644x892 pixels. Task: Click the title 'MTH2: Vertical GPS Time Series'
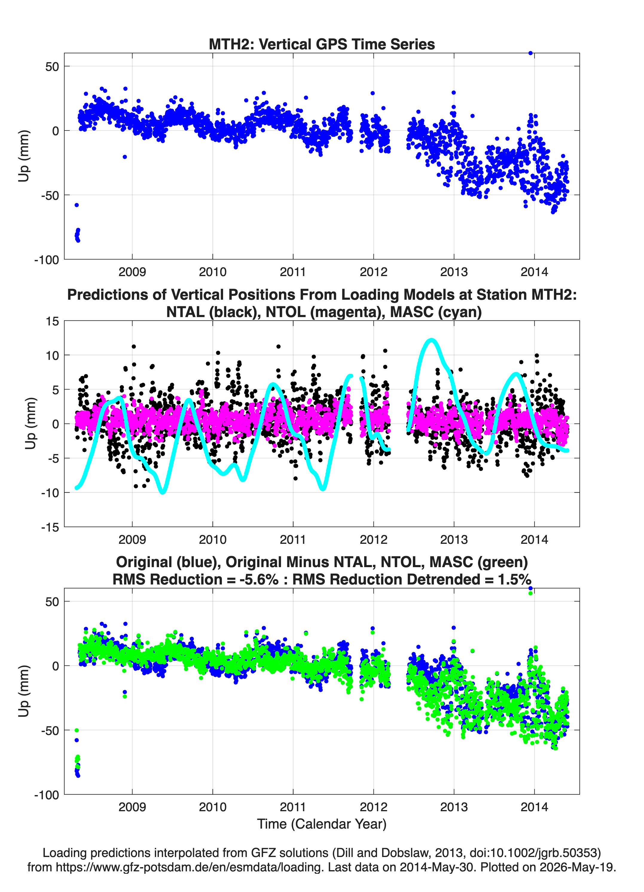tap(322, 44)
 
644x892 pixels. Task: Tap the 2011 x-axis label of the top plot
tap(293, 272)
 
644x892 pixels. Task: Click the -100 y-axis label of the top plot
tap(46, 260)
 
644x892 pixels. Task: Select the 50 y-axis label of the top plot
tap(52, 66)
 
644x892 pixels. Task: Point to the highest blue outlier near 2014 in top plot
tap(530, 53)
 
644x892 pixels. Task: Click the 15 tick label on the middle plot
tap(52, 321)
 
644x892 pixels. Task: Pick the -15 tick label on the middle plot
tap(50, 527)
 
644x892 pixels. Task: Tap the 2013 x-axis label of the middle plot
tap(454, 539)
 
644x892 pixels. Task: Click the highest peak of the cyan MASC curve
tap(432, 340)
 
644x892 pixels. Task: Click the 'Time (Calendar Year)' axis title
tap(322, 824)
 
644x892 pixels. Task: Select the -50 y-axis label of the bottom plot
tap(50, 730)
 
